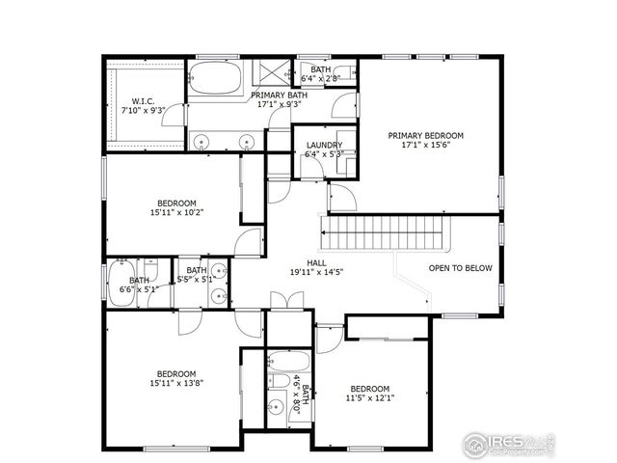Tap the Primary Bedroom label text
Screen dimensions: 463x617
pos(425,136)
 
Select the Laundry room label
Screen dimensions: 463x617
pos(324,145)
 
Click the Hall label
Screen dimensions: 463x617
pos(316,262)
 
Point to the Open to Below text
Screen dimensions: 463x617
pos(461,269)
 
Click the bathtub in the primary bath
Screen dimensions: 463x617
pos(216,79)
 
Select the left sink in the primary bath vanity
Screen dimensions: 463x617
pos(201,142)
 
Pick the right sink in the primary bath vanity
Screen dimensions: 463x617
pos(247,142)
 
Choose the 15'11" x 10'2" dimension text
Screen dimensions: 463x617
pos(176,212)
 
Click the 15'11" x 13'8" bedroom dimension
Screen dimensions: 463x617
pos(176,383)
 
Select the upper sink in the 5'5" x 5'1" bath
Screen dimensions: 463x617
pos(218,271)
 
